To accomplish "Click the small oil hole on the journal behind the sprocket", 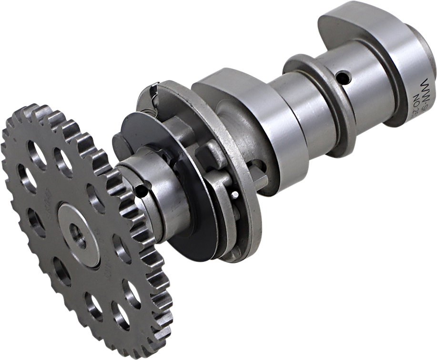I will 141,191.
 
